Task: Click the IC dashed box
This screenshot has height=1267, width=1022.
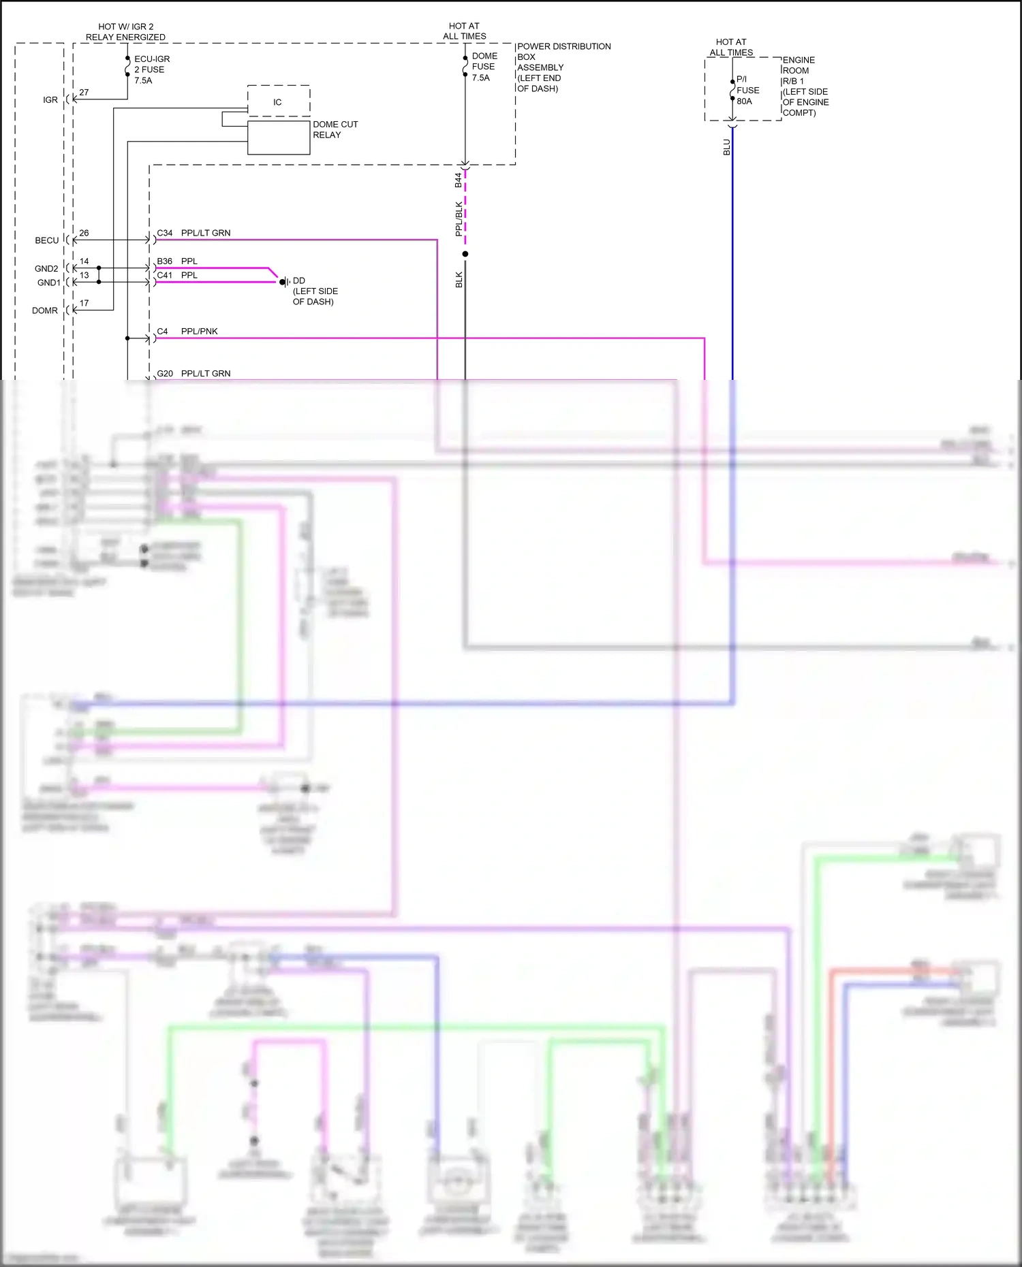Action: [x=278, y=101]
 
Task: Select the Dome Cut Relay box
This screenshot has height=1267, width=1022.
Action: [x=279, y=138]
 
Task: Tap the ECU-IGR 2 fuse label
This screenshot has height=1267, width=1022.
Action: [x=151, y=69]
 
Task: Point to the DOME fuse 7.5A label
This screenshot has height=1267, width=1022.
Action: [x=484, y=67]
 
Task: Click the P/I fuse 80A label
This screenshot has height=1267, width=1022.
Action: [x=747, y=90]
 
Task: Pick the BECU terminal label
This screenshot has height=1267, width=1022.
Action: [x=47, y=240]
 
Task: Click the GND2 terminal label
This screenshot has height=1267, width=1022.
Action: [x=46, y=269]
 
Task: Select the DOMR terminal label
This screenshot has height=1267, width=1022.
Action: [x=45, y=310]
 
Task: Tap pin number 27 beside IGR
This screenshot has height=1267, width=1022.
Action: [x=84, y=93]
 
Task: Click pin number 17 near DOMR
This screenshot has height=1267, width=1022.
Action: [x=84, y=304]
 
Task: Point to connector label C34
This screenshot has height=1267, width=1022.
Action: [x=165, y=233]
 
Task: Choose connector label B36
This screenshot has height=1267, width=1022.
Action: [x=165, y=261]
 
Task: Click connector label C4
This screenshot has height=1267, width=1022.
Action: [x=162, y=332]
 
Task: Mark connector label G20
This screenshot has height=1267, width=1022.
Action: [x=165, y=374]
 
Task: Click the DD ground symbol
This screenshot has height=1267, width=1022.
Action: [x=284, y=282]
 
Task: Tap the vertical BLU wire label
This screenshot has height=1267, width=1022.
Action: [x=727, y=147]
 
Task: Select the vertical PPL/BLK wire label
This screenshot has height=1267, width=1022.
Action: [x=459, y=219]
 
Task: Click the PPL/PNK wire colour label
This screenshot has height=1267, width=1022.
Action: [x=199, y=332]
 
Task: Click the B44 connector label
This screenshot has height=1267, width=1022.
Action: [x=459, y=180]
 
